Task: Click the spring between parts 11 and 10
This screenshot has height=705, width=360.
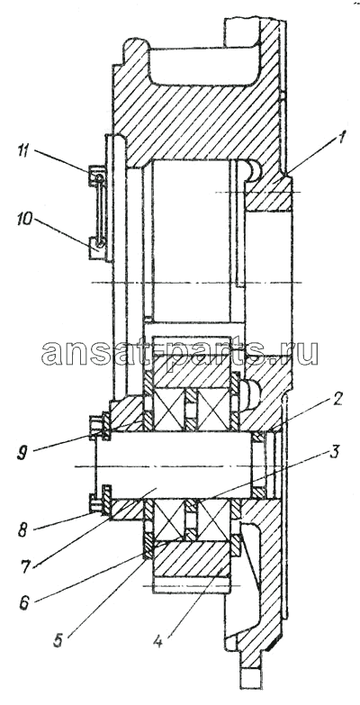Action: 100,210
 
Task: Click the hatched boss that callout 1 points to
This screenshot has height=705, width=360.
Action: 269,194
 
